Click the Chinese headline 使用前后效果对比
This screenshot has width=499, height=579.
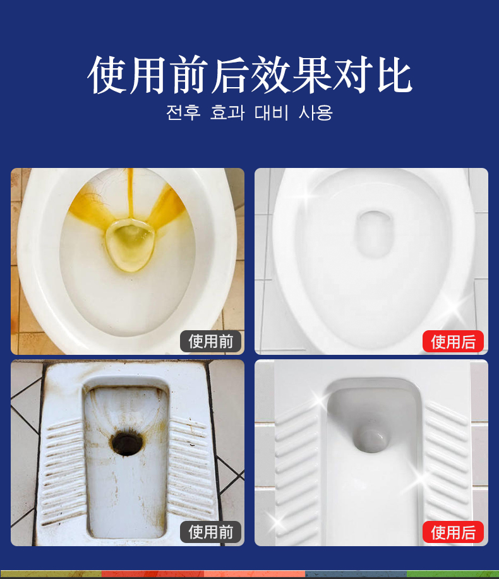click(249, 75)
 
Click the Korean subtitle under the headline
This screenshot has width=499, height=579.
click(249, 112)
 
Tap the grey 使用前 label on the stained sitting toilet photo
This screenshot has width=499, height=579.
click(210, 342)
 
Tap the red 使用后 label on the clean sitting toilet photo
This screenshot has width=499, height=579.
click(453, 342)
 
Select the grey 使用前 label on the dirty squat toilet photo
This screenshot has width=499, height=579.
click(210, 532)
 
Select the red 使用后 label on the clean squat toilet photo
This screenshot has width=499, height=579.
click(453, 532)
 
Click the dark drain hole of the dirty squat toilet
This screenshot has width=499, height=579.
click(126, 441)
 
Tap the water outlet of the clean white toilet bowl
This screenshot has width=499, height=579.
click(373, 234)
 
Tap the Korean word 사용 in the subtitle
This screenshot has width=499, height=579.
click(316, 112)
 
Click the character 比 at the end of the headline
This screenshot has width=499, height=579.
click(395, 75)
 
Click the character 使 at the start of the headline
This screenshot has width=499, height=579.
click(107, 75)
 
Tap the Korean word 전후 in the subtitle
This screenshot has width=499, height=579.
click(183, 112)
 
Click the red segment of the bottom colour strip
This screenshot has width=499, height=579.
click(153, 575)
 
